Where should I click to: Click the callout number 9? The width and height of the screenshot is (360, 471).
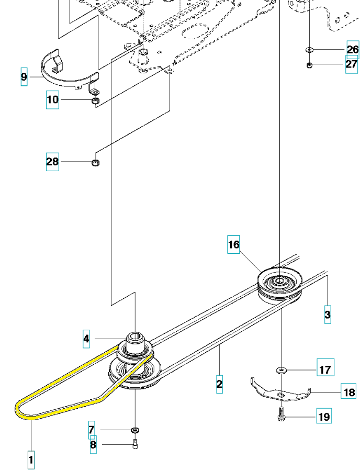coord(24,77)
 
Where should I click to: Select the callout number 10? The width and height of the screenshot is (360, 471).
coord(52,99)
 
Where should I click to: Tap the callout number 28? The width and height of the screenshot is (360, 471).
coord(52,162)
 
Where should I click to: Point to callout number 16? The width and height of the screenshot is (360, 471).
coord(233,244)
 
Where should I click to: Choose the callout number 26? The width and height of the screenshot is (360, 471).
coord(353,50)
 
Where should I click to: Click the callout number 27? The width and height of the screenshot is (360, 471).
coord(352,64)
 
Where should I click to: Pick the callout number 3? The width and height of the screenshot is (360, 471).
coord(328,315)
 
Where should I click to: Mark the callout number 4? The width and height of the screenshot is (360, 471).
coord(86,339)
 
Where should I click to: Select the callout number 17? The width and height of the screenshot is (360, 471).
coord(325,369)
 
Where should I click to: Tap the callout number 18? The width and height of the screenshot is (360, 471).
coord(348,392)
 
